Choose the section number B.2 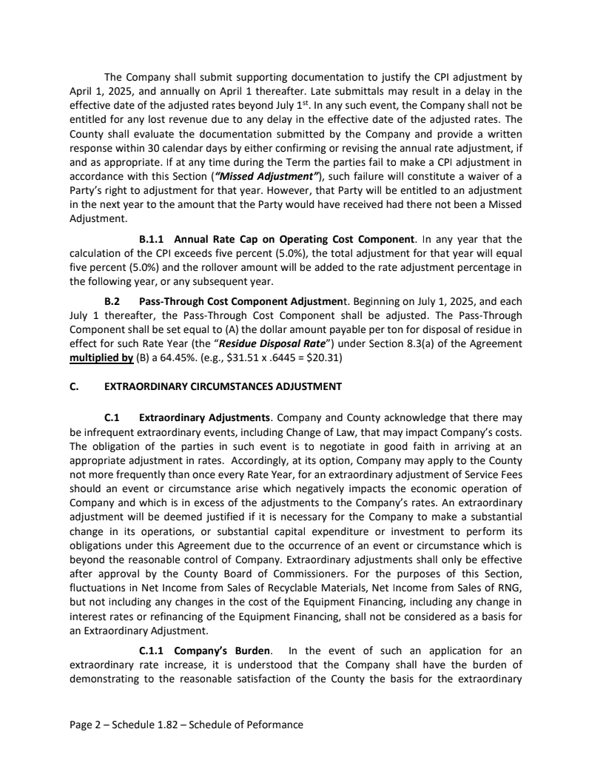click(x=112, y=301)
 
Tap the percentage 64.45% click(x=177, y=359)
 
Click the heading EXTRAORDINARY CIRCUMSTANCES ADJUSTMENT click(x=223, y=386)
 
